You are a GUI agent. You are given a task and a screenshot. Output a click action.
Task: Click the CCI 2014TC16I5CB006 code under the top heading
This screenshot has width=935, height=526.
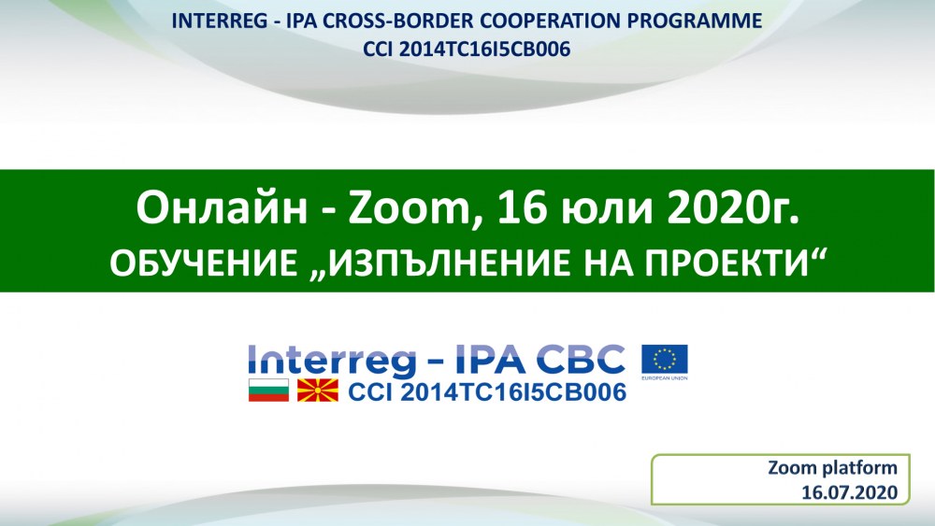click(x=467, y=49)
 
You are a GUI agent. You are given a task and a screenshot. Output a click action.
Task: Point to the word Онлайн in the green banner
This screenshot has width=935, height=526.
click(x=222, y=208)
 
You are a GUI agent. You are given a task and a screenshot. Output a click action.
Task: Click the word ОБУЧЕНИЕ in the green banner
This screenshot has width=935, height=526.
click(x=203, y=263)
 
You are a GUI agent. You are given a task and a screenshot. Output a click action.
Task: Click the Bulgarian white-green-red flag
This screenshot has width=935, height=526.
click(x=269, y=391)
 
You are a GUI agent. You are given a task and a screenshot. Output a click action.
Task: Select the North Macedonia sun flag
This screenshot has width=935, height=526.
click(x=318, y=391)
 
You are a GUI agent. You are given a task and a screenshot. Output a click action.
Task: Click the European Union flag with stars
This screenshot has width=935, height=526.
click(x=664, y=360)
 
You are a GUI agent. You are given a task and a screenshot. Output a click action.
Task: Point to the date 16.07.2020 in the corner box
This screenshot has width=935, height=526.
click(x=849, y=492)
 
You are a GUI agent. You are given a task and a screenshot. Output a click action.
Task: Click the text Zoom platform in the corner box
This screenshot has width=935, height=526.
click(x=832, y=468)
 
